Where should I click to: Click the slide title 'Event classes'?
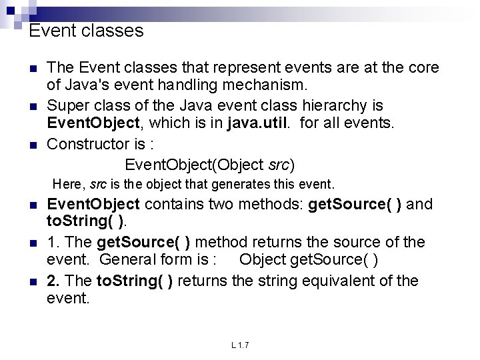[87, 31]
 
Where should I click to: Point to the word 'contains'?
[175, 204]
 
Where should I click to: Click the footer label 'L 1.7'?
[240, 345]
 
